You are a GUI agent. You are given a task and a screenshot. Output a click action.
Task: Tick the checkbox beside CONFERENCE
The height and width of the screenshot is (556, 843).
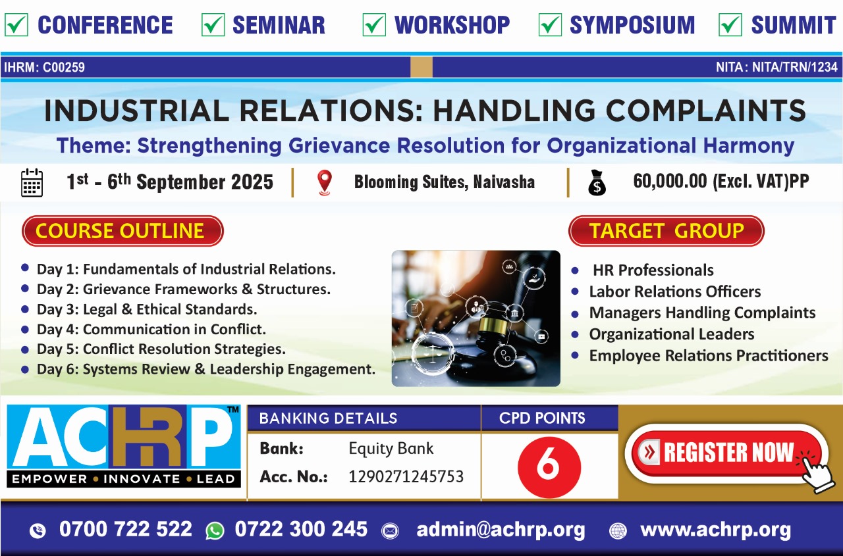point(16,25)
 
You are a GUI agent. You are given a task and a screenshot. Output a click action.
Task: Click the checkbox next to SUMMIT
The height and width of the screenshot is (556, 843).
point(730,25)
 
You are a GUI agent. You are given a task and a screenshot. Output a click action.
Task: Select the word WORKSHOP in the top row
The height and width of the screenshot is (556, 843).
point(452,25)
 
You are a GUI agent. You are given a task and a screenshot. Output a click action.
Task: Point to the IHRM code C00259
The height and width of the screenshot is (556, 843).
point(64,67)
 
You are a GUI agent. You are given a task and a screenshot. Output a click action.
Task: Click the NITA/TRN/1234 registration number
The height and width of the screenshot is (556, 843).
point(795,67)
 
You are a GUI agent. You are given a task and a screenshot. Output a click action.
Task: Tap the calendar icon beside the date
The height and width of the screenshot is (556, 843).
point(32,183)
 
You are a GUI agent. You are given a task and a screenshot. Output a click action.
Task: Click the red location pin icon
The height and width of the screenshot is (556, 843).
point(325,183)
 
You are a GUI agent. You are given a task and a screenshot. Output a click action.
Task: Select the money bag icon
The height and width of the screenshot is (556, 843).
point(597,183)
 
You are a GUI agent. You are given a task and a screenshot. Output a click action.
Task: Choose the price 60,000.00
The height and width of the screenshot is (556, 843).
point(670,181)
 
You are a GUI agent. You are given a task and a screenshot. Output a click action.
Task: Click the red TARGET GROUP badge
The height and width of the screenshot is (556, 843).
point(666,231)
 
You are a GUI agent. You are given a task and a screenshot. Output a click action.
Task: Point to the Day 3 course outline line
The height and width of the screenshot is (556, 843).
point(147,309)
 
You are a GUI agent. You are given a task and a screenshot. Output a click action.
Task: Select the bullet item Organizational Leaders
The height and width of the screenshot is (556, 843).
point(672,334)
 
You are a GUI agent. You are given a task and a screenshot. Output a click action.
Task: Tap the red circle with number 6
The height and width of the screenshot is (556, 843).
point(549,467)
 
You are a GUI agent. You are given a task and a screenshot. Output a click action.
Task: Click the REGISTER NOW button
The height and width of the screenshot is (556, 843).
point(726,453)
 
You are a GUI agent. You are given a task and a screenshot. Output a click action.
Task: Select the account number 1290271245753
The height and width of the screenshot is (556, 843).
point(406,476)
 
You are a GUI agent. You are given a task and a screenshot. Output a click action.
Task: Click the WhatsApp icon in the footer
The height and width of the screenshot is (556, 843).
point(215,531)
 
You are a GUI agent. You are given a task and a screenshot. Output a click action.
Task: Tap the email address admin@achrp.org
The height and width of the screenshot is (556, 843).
point(501,530)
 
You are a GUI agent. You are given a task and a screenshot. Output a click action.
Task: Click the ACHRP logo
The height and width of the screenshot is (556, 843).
point(123,446)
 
